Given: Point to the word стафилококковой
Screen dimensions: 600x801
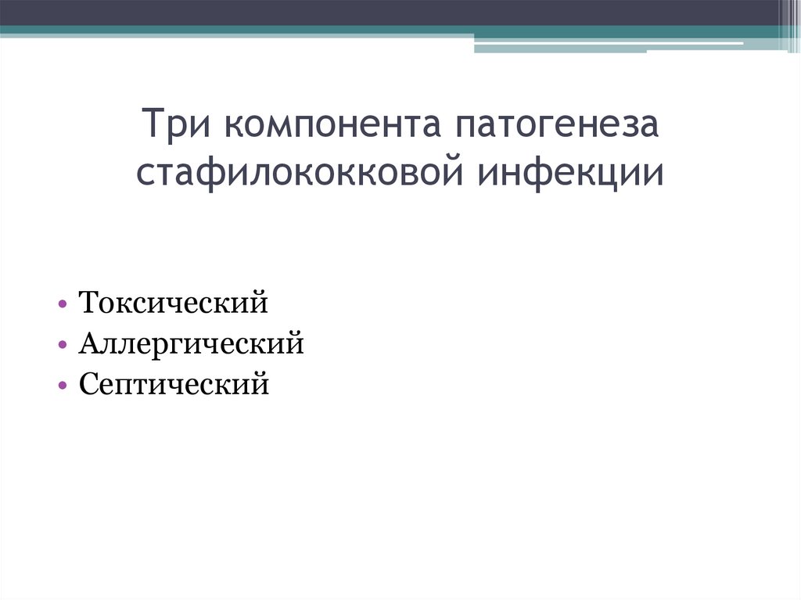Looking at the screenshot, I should (x=302, y=173).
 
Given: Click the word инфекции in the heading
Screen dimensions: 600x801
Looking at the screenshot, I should (x=571, y=173).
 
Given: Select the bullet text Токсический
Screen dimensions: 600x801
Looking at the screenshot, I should (x=173, y=303).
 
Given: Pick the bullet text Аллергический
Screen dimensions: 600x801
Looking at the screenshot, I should (x=191, y=343).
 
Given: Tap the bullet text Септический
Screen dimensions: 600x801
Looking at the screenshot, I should (x=174, y=384).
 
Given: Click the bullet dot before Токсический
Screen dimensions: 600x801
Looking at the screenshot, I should (x=61, y=304).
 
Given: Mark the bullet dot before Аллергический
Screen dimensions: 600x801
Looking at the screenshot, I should (x=61, y=344).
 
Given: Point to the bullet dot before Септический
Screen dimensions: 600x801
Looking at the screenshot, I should (x=61, y=385).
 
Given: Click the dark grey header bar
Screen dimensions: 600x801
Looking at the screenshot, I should (x=391, y=13).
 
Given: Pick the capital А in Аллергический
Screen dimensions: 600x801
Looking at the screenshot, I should (x=88, y=343).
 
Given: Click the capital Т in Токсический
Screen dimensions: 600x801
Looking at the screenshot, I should (x=88, y=303).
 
